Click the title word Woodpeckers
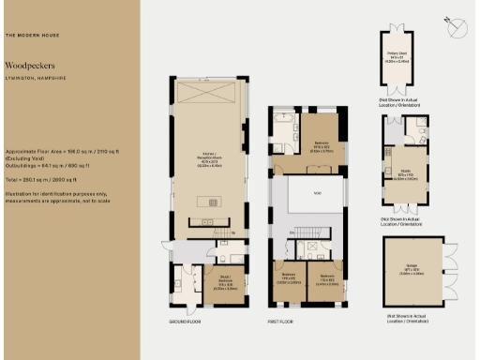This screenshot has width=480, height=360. point(30,66)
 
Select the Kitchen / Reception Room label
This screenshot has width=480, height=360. point(210,158)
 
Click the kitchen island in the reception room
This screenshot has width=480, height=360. point(211,200)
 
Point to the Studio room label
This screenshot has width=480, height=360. point(404,175)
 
